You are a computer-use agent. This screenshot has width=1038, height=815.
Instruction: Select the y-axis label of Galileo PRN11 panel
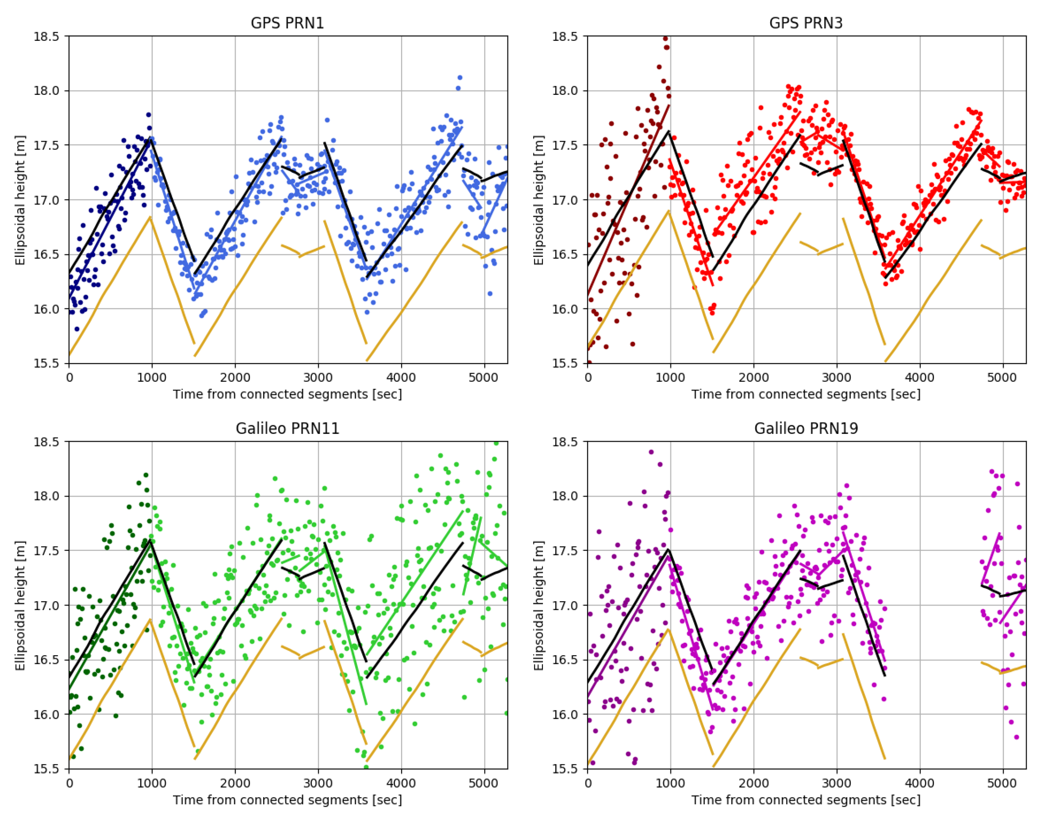pyautogui.click(x=20, y=605)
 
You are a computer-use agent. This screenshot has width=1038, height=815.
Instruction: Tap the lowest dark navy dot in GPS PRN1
pyautogui.click(x=77, y=329)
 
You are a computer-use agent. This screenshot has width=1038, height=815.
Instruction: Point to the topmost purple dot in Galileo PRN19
pyautogui.click(x=651, y=452)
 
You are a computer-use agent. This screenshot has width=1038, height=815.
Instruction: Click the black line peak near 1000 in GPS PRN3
pyautogui.click(x=669, y=131)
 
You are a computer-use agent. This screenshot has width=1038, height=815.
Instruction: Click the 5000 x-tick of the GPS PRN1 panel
pyautogui.click(x=484, y=377)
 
